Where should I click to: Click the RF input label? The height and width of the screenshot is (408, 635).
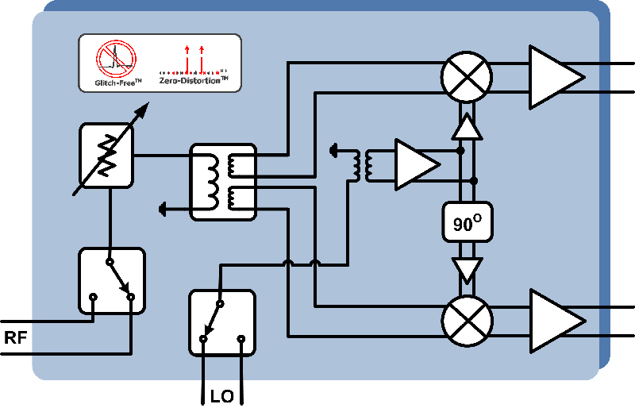pyautogui.click(x=16, y=337)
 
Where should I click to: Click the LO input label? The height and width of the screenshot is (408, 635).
pyautogui.click(x=221, y=395)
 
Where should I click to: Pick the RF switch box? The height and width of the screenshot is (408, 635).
pyautogui.click(x=112, y=280)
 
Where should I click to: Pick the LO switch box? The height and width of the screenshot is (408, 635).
pyautogui.click(x=221, y=322)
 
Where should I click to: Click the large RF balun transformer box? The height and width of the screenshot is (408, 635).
pyautogui.click(x=223, y=182)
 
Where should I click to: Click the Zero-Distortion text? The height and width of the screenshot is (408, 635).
pyautogui.click(x=193, y=81)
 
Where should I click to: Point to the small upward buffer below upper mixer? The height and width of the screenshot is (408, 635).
pyautogui.click(x=467, y=126)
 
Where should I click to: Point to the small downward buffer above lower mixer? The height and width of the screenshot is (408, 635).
pyautogui.click(x=467, y=269)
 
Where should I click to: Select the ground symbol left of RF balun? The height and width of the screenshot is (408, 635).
pyautogui.click(x=164, y=209)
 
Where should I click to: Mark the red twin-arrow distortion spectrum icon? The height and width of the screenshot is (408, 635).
pyautogui.click(x=194, y=58)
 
